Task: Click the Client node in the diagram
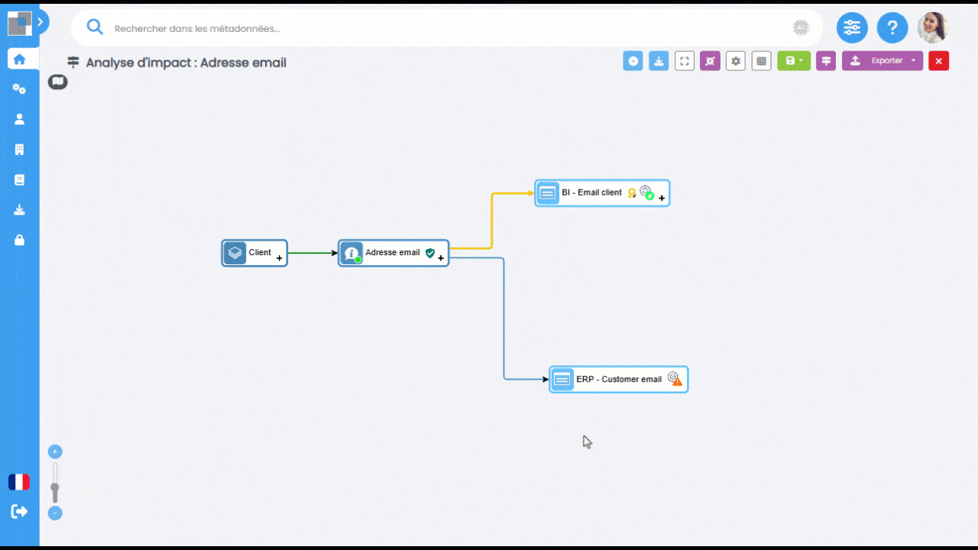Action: [x=254, y=253]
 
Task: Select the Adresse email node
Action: [x=393, y=253]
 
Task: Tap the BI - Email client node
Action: [x=602, y=193]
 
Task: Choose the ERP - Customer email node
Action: [x=618, y=380]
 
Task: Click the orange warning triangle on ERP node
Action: [x=677, y=382]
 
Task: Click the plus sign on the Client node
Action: [x=280, y=258]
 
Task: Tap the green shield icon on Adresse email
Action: [x=430, y=253]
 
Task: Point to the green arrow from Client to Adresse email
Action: [x=313, y=253]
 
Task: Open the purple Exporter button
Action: [x=882, y=60]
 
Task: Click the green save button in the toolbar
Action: [x=794, y=60]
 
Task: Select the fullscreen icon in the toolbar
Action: [x=684, y=61]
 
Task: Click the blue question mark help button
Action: [x=892, y=28]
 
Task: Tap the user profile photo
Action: [x=933, y=28]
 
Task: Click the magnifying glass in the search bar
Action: [x=94, y=27]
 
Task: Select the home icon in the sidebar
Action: [x=19, y=60]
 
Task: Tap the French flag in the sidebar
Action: [x=19, y=482]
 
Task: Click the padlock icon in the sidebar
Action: [x=19, y=240]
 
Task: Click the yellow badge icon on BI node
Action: [x=632, y=193]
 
